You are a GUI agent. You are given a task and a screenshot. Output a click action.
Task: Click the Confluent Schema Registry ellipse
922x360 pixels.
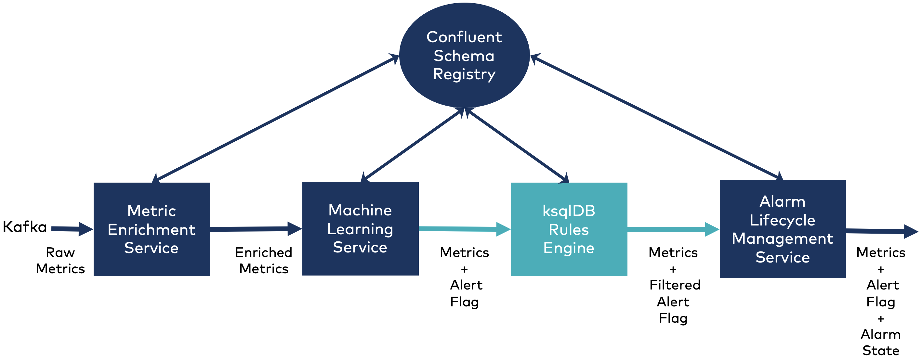(x=464, y=55)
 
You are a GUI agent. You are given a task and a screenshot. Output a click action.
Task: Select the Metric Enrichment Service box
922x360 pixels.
(x=152, y=229)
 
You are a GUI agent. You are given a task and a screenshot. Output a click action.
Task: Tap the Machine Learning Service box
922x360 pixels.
(x=361, y=229)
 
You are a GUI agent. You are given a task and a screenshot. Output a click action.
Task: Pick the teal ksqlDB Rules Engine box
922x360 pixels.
(x=569, y=229)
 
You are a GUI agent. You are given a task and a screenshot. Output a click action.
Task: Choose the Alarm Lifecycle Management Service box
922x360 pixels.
(x=783, y=229)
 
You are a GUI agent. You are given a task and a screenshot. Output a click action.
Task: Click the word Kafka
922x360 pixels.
(x=25, y=227)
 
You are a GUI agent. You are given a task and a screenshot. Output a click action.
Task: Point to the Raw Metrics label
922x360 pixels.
(x=60, y=261)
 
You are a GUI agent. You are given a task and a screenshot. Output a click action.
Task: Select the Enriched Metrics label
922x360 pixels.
(x=264, y=261)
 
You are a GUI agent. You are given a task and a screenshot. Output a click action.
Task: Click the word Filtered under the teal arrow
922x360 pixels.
(x=675, y=285)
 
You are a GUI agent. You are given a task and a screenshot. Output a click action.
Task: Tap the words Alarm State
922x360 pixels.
(x=881, y=342)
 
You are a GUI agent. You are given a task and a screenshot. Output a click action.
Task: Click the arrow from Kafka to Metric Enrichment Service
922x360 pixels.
(x=72, y=229)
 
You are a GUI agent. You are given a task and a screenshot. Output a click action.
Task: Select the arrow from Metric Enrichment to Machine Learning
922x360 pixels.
(x=256, y=229)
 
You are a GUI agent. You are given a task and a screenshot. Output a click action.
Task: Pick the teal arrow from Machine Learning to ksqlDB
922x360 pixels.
(x=465, y=229)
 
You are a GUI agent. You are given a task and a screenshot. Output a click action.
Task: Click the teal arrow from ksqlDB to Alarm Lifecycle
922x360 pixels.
(x=674, y=229)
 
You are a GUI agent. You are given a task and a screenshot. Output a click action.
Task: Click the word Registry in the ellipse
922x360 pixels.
(x=464, y=74)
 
